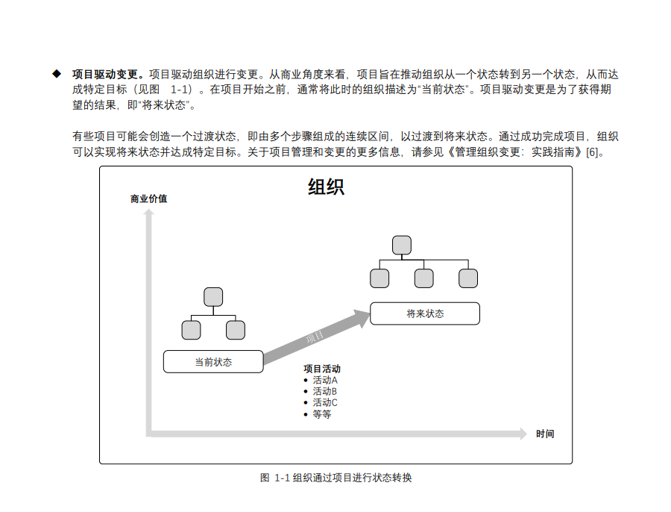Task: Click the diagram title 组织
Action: tap(326, 187)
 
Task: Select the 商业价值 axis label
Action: tap(148, 199)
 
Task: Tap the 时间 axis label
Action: tap(545, 434)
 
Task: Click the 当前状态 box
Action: tap(213, 362)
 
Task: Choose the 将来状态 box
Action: tap(425, 313)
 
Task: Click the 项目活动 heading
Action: tap(322, 369)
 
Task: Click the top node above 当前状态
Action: tap(213, 296)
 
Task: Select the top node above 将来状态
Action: tap(402, 245)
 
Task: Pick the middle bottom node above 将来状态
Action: tap(423, 278)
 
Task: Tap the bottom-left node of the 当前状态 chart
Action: tap(191, 330)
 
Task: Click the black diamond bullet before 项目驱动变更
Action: tap(56, 74)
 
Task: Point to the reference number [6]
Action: tap(593, 153)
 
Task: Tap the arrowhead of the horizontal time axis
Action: tap(523, 434)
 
